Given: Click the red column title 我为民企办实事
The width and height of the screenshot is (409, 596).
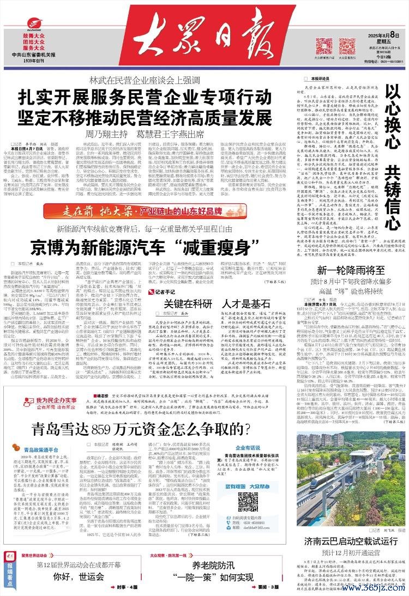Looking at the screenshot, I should tap(45, 401).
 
